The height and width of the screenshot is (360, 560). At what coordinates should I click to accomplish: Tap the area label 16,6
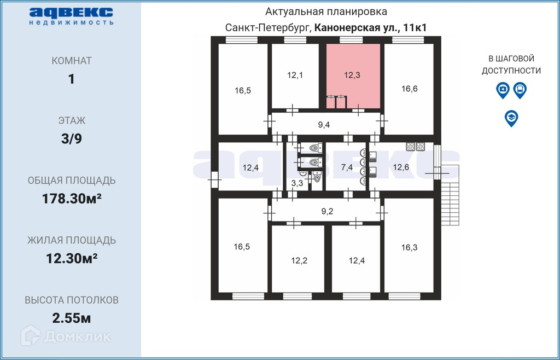click(x=409, y=89)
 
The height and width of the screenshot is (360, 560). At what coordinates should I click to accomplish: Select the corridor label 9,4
click(x=324, y=125)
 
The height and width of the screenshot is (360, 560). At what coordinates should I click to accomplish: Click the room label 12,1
click(x=295, y=75)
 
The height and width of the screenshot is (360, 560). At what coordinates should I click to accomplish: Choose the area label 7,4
click(x=347, y=167)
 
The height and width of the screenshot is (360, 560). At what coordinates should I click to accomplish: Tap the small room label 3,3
click(x=297, y=183)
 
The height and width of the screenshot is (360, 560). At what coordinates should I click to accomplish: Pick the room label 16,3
click(x=409, y=247)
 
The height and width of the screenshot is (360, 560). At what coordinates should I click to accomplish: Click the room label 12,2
click(x=299, y=260)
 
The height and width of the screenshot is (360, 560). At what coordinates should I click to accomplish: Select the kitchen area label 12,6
click(x=401, y=167)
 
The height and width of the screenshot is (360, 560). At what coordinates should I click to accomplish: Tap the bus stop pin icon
click(x=520, y=90)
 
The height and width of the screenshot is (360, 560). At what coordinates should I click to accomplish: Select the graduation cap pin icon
click(x=511, y=118)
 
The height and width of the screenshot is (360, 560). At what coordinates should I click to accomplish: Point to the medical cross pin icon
click(x=503, y=90)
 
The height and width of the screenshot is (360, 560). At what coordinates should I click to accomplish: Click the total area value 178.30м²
click(x=72, y=199)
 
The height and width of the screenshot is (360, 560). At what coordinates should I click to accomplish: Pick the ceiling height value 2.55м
click(x=71, y=318)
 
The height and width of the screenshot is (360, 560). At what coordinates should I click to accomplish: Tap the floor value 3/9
click(x=72, y=138)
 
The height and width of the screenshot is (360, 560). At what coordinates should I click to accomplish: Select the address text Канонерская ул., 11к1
click(x=370, y=27)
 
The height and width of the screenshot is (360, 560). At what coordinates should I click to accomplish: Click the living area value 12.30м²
click(x=72, y=258)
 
